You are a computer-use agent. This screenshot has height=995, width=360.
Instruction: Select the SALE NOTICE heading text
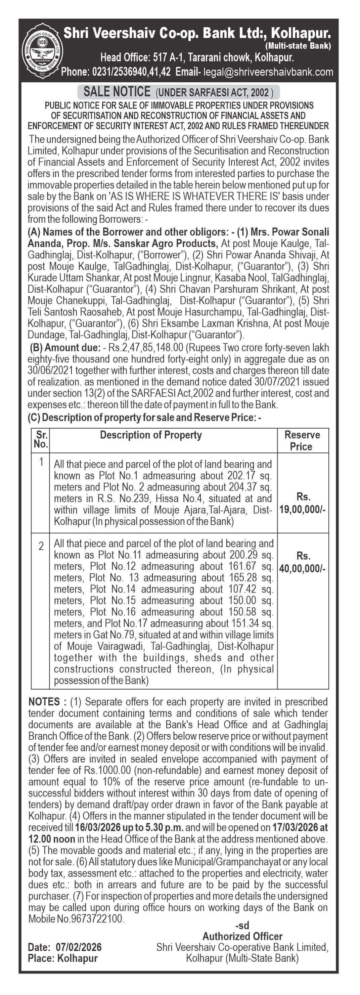tap(117, 92)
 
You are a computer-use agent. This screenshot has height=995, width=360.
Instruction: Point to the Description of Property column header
tap(151, 435)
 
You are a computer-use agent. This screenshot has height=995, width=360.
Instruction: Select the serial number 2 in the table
tap(41, 547)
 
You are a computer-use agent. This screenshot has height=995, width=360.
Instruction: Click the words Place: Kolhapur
tap(62, 958)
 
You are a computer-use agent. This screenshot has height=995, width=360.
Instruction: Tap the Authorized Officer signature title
tap(242, 936)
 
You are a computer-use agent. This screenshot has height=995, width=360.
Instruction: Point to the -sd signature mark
tap(242, 925)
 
